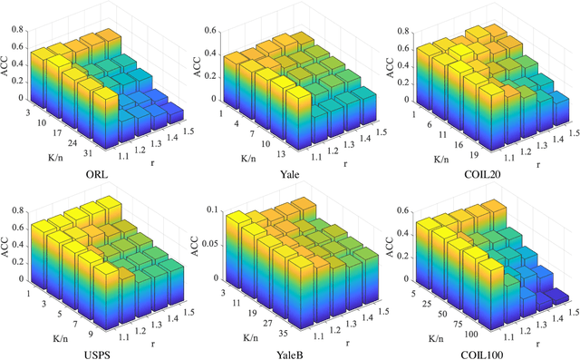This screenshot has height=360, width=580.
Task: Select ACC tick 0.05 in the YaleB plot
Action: coord(214,245)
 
